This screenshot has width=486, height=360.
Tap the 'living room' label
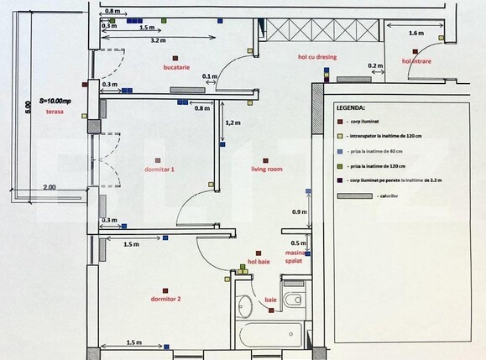pyautogui.click(x=266, y=169)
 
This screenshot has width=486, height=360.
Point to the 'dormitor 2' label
pyautogui.click(x=165, y=298)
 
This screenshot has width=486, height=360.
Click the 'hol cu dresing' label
pyautogui.click(x=311, y=57)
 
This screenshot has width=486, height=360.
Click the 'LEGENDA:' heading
pyautogui.click(x=349, y=108)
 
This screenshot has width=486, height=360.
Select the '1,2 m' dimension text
pyautogui.click(x=233, y=123)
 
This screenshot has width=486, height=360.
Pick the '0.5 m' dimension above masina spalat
pyautogui.click(x=296, y=243)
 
